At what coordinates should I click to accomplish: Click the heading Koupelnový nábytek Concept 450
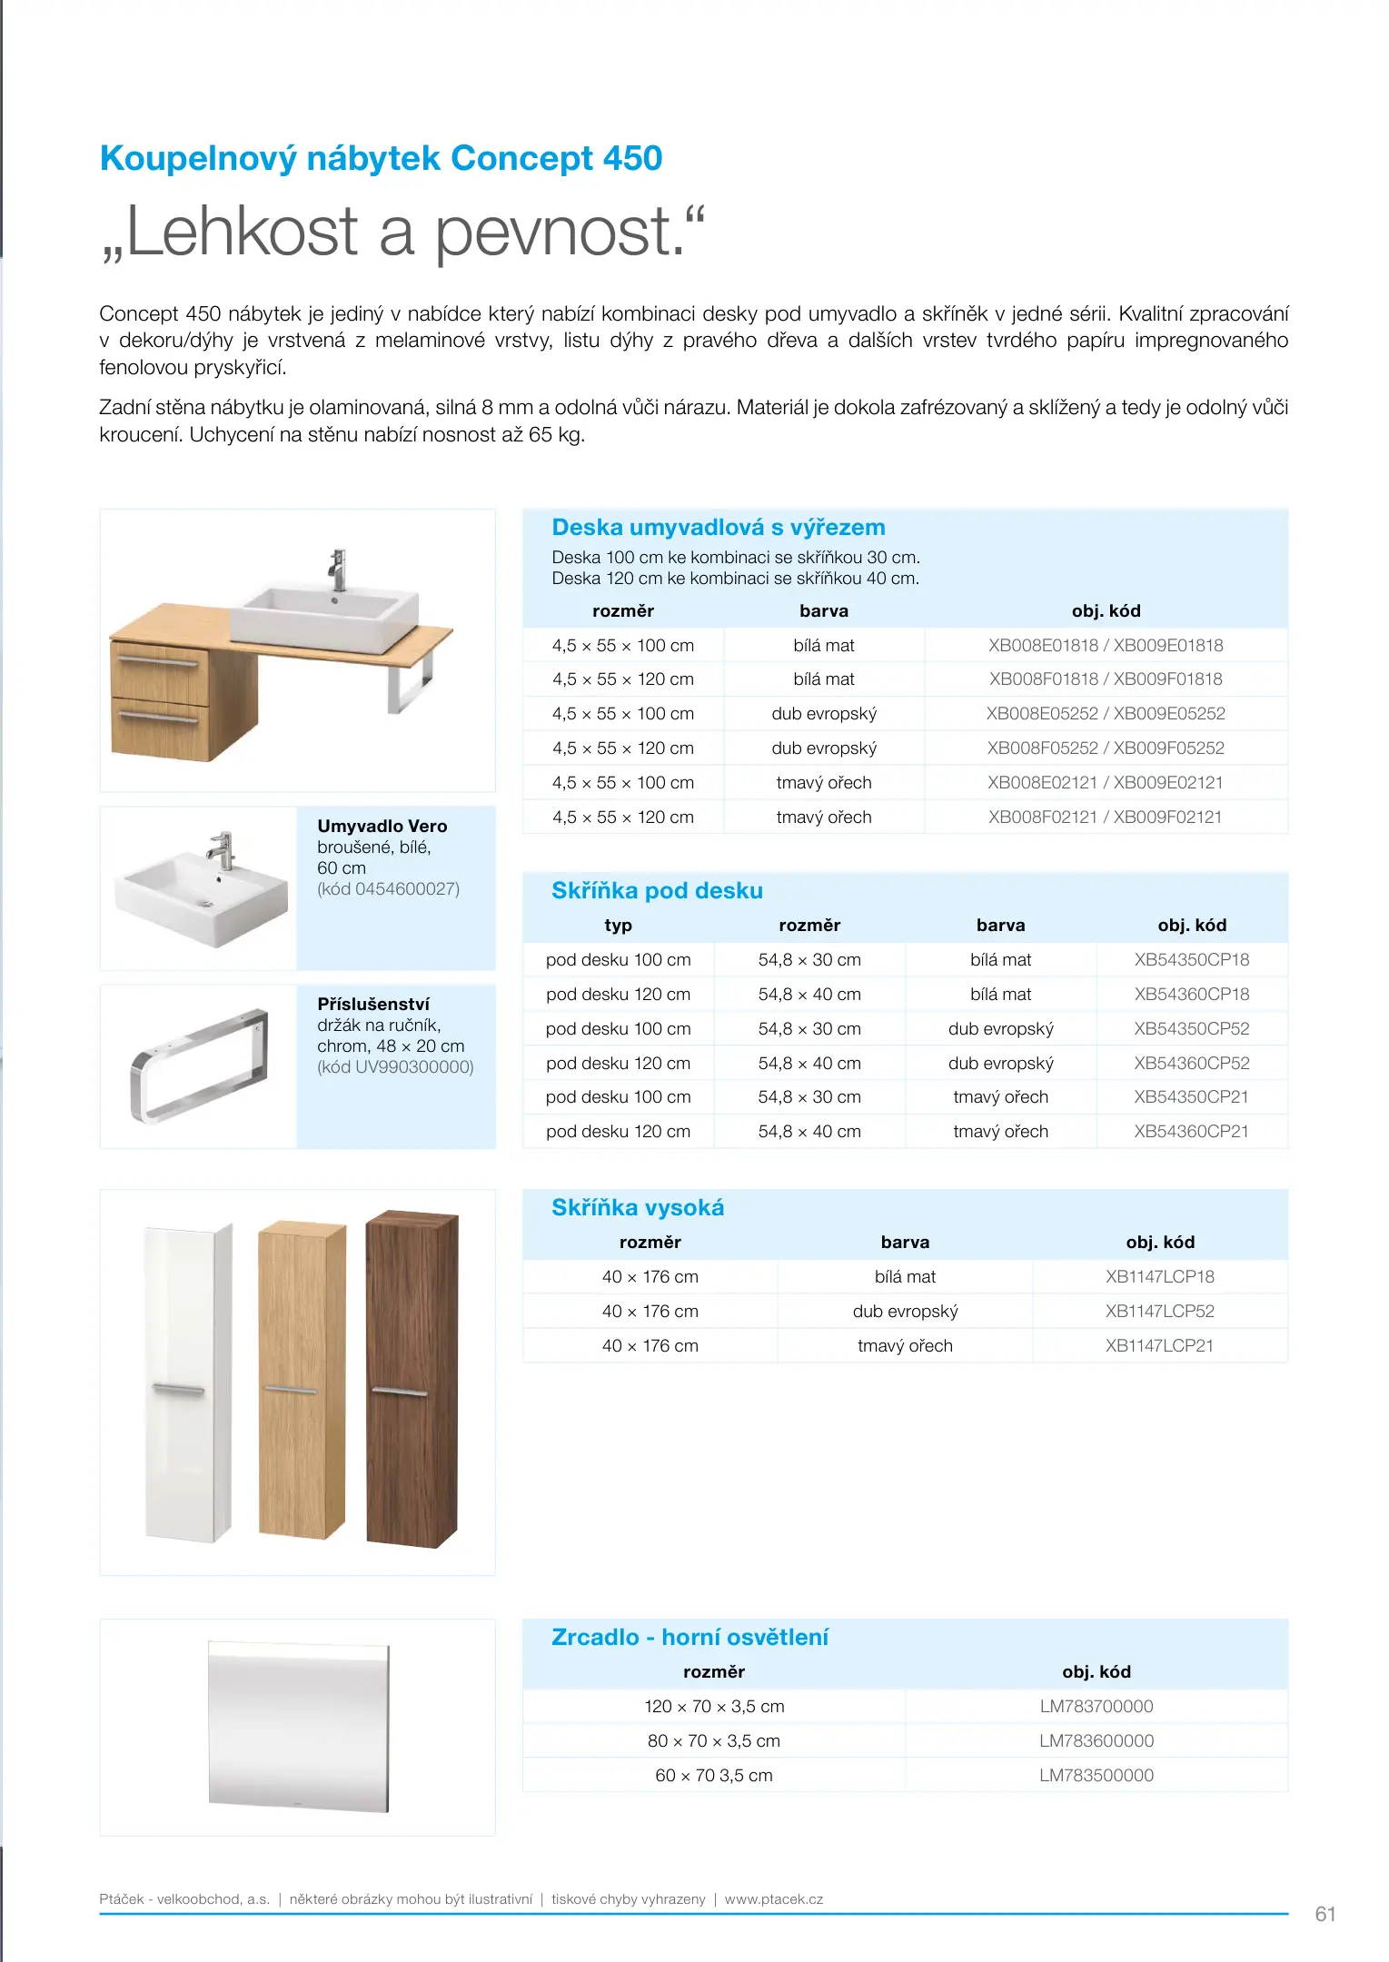(x=381, y=159)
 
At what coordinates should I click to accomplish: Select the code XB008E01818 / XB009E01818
(x=1106, y=646)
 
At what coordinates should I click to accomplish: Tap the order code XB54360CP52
(x=1191, y=1063)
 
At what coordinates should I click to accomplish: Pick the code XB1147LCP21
(x=1159, y=1346)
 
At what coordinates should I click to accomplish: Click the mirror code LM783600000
(x=1096, y=1741)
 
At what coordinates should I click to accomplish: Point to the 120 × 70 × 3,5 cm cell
(x=714, y=1707)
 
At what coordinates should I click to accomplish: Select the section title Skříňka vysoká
(x=638, y=1208)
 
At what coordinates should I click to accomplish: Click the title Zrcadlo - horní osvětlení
(x=690, y=1638)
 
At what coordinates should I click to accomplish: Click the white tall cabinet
(x=188, y=1381)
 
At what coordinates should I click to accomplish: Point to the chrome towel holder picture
(x=200, y=1065)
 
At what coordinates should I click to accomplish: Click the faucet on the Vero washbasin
(x=221, y=850)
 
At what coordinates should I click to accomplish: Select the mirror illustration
(x=298, y=1726)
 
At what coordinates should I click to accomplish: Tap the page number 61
(x=1325, y=1915)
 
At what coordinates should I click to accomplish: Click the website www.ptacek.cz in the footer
(x=774, y=1899)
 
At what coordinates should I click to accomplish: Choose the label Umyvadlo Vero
(x=382, y=827)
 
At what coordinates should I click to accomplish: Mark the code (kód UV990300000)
(x=395, y=1067)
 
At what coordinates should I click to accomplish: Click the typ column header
(x=618, y=926)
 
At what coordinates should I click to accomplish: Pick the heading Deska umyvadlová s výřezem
(x=718, y=528)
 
